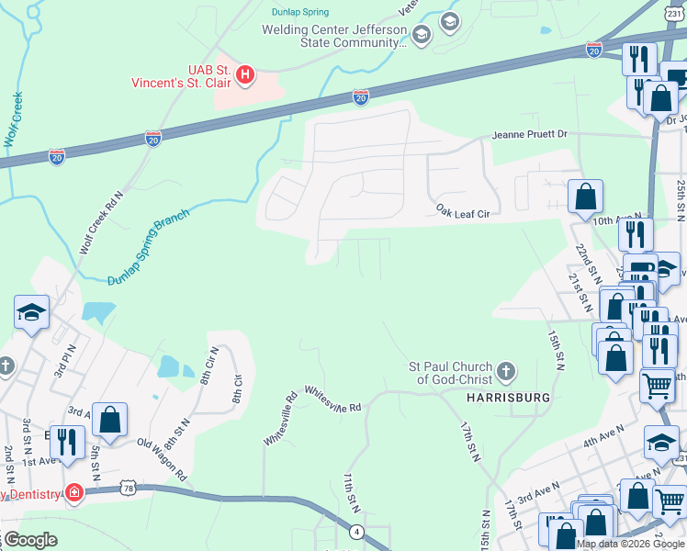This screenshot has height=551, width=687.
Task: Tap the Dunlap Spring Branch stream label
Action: (x=148, y=248)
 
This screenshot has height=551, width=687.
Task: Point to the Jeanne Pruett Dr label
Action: (x=530, y=134)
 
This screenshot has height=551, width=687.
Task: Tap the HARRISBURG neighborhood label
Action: (x=508, y=398)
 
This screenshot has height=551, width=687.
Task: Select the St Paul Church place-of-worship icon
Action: (x=505, y=373)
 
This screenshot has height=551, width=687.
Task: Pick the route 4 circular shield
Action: (x=355, y=531)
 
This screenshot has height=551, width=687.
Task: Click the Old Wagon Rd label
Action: (x=162, y=447)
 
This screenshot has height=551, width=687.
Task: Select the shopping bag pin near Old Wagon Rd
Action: (x=109, y=420)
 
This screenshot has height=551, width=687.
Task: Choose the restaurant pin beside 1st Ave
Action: (x=64, y=441)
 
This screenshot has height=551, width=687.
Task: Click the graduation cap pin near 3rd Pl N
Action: (x=31, y=311)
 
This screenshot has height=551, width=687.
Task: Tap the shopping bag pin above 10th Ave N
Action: (x=584, y=196)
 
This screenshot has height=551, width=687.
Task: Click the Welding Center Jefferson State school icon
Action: (x=422, y=36)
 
